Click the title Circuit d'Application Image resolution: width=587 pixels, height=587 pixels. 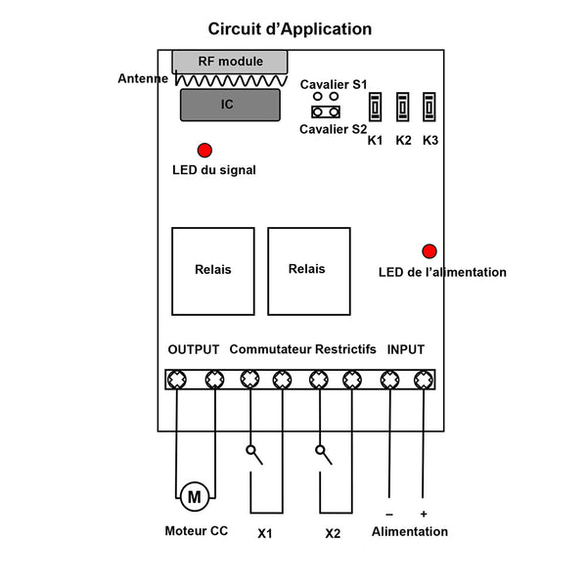(x=290, y=29)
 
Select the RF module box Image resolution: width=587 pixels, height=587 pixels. (x=230, y=62)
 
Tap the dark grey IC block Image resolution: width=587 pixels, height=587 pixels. (x=230, y=105)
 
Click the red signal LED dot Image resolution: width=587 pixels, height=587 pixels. (x=204, y=151)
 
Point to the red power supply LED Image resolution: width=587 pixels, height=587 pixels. (x=429, y=251)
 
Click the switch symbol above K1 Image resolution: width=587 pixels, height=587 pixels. (x=375, y=107)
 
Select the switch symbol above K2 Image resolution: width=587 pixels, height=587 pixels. (x=403, y=107)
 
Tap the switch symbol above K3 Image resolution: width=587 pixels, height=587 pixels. (x=429, y=107)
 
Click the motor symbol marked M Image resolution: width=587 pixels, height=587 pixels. (x=195, y=497)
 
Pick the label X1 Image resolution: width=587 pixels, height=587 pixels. (x=265, y=533)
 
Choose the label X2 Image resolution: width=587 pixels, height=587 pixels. (x=333, y=533)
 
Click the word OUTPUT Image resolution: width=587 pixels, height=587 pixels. (x=194, y=349)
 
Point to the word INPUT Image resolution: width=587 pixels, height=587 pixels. (x=406, y=349)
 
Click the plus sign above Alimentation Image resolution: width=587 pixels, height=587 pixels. (x=424, y=514)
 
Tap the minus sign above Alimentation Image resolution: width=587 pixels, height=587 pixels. (x=389, y=515)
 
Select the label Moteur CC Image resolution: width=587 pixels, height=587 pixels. (x=197, y=531)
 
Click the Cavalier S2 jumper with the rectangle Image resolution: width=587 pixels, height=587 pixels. (x=326, y=112)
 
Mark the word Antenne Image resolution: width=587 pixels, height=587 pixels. (x=143, y=78)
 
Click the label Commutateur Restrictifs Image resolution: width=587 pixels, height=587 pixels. (x=303, y=349)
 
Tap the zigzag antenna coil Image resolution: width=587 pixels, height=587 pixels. (x=231, y=81)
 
